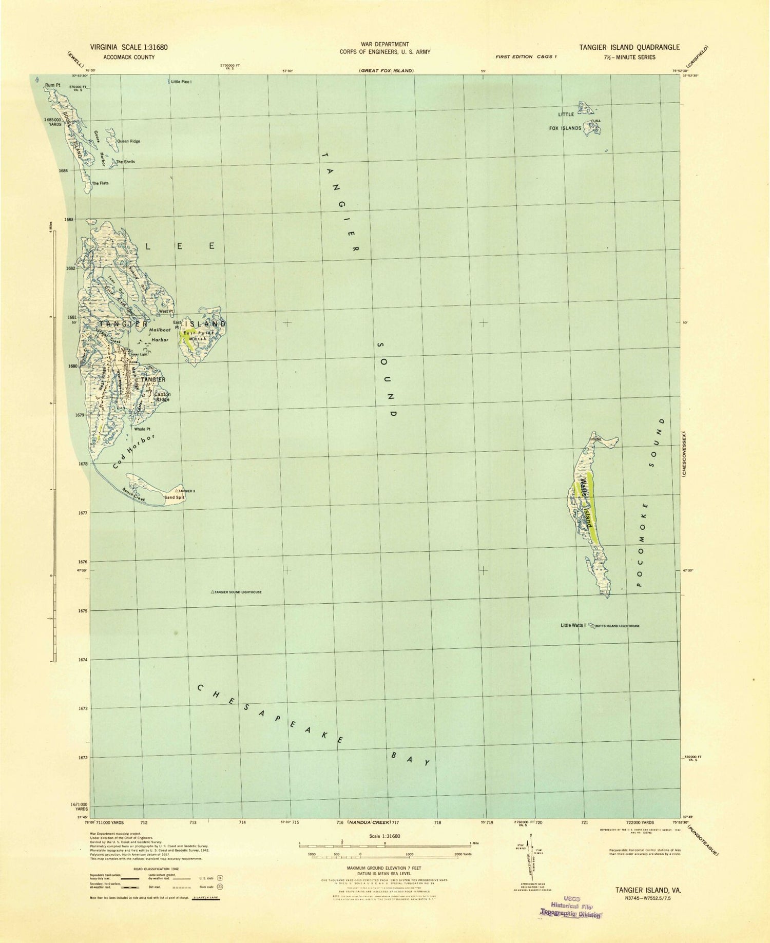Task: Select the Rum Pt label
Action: pyautogui.click(x=52, y=85)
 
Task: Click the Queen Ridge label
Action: pyautogui.click(x=128, y=141)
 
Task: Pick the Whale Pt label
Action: pyautogui.click(x=142, y=429)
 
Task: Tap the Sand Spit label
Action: pyautogui.click(x=174, y=497)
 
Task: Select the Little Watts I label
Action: pyautogui.click(x=573, y=625)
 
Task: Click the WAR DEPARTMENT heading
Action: pyautogui.click(x=384, y=45)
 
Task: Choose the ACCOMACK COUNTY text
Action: pyautogui.click(x=129, y=57)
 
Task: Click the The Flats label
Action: pyautogui.click(x=100, y=183)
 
